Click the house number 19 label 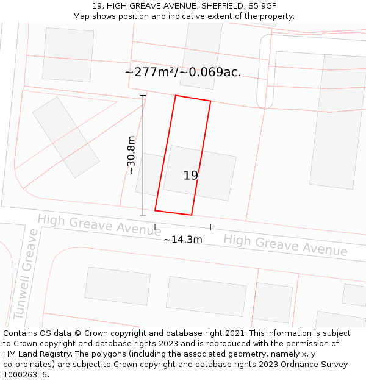click(191, 176)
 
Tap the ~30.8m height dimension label click(131, 155)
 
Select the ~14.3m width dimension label click(182, 240)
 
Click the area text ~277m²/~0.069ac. click(183, 72)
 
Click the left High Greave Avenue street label click(99, 224)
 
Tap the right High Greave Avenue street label click(285, 244)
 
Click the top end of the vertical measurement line click(143, 95)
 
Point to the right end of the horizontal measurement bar click(210, 227)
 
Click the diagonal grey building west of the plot click(66, 137)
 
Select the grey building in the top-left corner click(68, 54)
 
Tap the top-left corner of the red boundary click(176, 96)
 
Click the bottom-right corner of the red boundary click(192, 215)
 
